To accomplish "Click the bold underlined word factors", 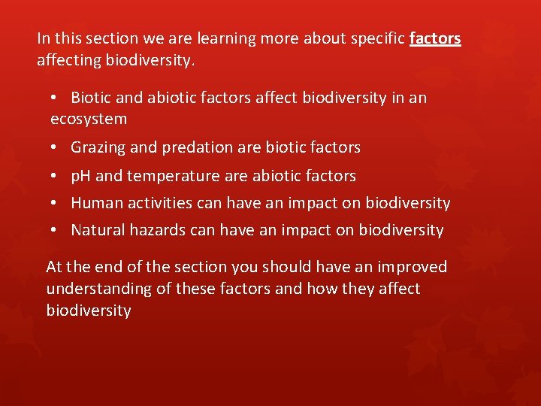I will tap(435, 38).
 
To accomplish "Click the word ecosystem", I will tap(89, 119).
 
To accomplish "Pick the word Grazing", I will tap(98, 147).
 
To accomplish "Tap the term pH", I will tap(81, 176).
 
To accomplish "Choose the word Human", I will tap(95, 203).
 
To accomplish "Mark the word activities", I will tap(157, 203).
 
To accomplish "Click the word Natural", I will tap(100, 230).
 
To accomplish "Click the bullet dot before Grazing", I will tap(56, 148).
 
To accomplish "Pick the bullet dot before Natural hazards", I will tap(56, 231).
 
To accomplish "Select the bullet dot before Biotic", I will tap(56, 98).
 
